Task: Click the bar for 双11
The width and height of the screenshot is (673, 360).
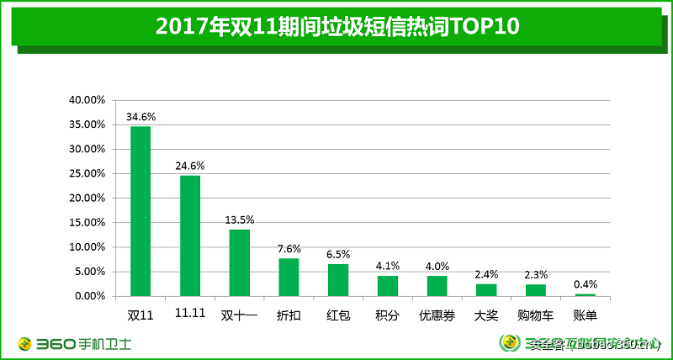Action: [x=140, y=211]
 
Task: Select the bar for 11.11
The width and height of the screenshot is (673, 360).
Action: [x=190, y=236]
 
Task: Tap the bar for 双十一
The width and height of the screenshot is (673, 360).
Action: [x=240, y=262]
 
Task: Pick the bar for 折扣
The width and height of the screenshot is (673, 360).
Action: [x=289, y=277]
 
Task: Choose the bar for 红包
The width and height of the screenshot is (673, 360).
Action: [x=338, y=280]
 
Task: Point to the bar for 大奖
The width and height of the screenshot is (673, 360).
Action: [x=486, y=290]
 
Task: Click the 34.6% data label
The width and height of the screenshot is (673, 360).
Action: [x=140, y=116]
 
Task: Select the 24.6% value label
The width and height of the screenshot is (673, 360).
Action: [x=190, y=166]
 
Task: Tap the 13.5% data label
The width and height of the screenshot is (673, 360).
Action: [x=240, y=220]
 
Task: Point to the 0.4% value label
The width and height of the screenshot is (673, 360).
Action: [x=585, y=284]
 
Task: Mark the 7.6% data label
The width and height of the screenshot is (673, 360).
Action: [x=289, y=249]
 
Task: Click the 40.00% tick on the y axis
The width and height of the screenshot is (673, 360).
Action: [x=87, y=100]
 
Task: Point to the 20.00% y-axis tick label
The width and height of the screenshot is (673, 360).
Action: [x=87, y=199]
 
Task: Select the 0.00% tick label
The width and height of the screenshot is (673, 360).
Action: [x=90, y=296]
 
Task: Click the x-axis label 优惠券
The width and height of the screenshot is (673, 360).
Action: [x=437, y=317]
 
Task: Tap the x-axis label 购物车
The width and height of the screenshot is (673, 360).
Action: [x=535, y=317]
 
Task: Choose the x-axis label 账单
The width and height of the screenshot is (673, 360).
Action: [x=585, y=317]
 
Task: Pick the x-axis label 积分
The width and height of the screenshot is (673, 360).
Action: [x=388, y=317]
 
